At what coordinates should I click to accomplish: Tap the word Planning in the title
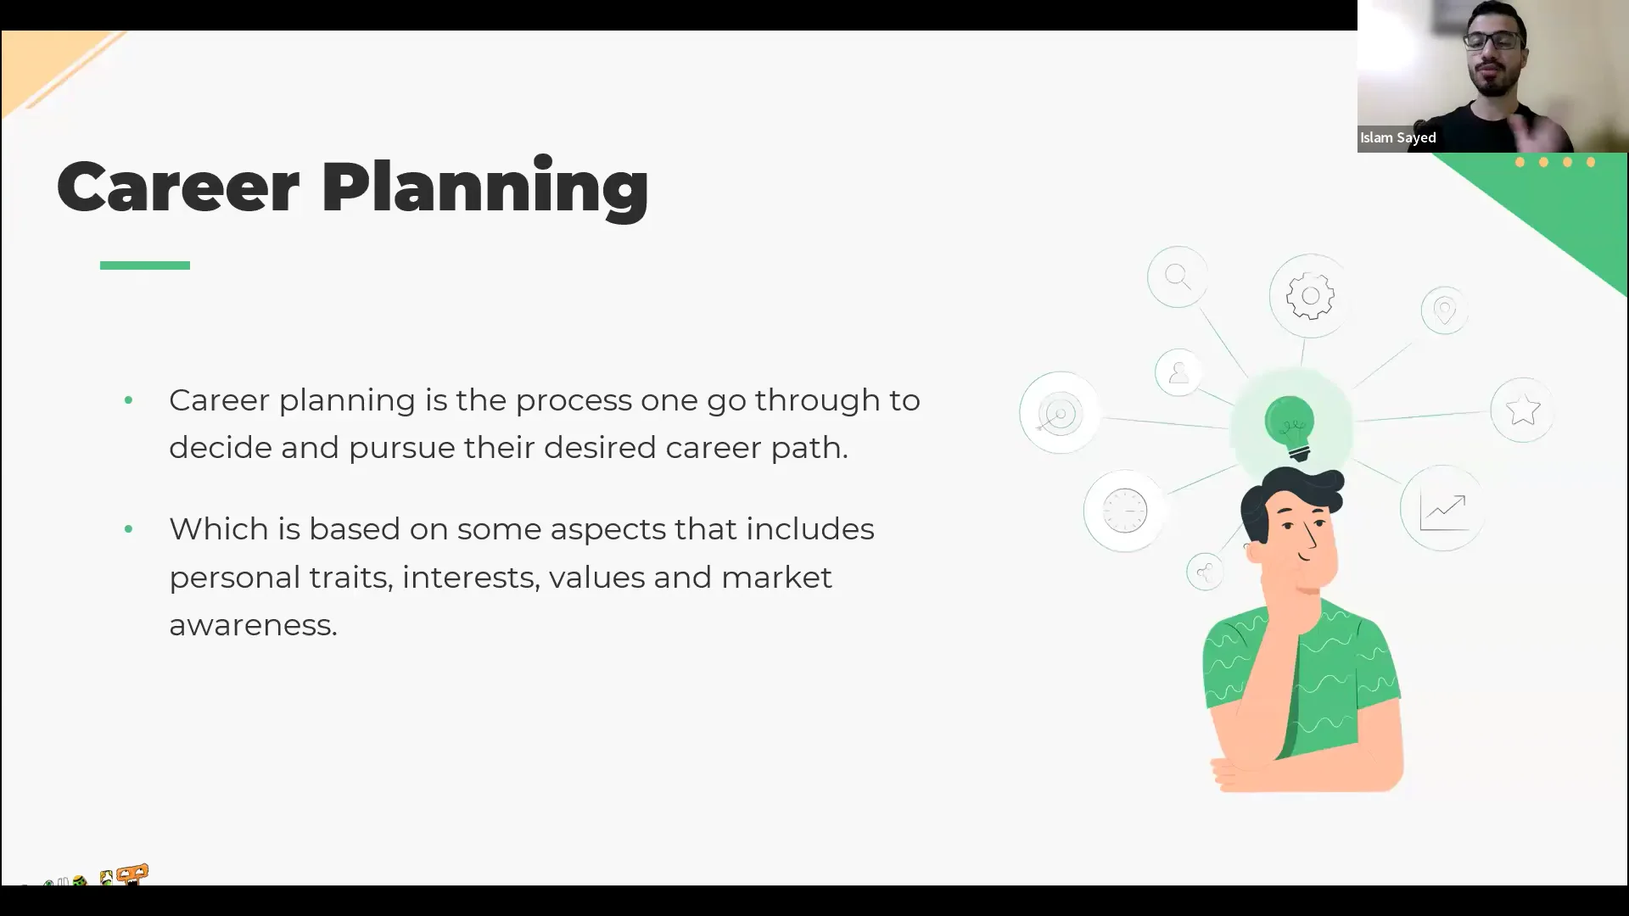[484, 188]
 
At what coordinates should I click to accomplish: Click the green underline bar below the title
[145, 265]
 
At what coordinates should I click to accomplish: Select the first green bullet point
[128, 400]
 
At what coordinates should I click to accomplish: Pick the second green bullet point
[128, 529]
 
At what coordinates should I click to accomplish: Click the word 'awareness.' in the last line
[253, 625]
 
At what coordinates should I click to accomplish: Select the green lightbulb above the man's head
[1290, 426]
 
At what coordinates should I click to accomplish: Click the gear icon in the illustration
[1310, 296]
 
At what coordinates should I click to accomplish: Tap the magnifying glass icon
[1178, 276]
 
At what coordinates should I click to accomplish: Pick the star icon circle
[1523, 411]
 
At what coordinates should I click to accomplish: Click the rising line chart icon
[1442, 510]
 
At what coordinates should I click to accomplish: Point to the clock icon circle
[1125, 511]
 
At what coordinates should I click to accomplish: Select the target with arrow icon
[1059, 414]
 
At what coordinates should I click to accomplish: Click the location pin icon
[1444, 310]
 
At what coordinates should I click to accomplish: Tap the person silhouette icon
[1178, 372]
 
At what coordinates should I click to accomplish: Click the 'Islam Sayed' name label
[1397, 137]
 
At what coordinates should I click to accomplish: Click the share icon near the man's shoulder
[1205, 572]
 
